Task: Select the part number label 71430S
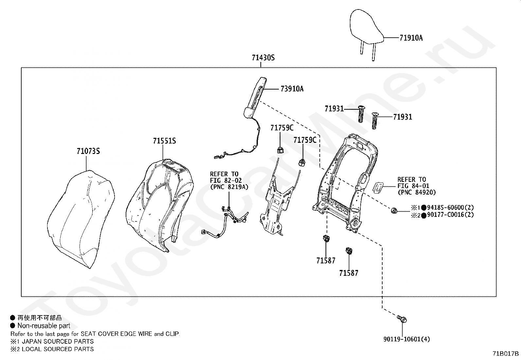pyautogui.click(x=263, y=58)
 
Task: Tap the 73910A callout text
pyautogui.click(x=292, y=89)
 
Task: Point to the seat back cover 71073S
pyautogui.click(x=81, y=219)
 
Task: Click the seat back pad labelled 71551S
pyautogui.click(x=160, y=205)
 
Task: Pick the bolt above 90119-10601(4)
pyautogui.click(x=402, y=319)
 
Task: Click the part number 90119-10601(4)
pyautogui.click(x=406, y=339)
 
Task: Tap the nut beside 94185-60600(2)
pyautogui.click(x=394, y=211)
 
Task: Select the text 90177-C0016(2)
pyautogui.click(x=450, y=215)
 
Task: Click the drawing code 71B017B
pyautogui.click(x=506, y=353)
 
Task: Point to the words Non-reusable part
pyautogui.click(x=44, y=326)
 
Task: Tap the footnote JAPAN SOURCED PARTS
pyautogui.click(x=58, y=341)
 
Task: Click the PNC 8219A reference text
pyautogui.click(x=229, y=187)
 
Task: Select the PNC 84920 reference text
pyautogui.click(x=417, y=192)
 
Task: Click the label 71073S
pyautogui.click(x=88, y=151)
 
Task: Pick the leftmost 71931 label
pyautogui.click(x=334, y=108)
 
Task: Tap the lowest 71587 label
pyautogui.click(x=349, y=273)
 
